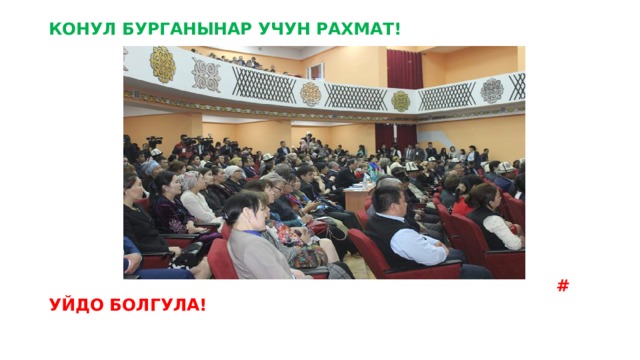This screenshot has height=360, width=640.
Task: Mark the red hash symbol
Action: click(562, 286)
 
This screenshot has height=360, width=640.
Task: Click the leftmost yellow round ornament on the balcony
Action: click(162, 64)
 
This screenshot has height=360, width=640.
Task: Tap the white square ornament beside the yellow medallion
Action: click(206, 73)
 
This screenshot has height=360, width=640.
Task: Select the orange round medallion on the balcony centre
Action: click(311, 93)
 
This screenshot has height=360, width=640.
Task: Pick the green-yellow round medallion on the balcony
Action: click(400, 100)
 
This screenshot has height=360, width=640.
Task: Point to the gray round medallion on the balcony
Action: click(492, 90)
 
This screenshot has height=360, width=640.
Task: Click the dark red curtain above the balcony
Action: click(404, 68)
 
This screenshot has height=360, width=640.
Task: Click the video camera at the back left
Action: click(154, 142)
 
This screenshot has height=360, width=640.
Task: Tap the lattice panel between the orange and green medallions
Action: click(355, 97)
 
